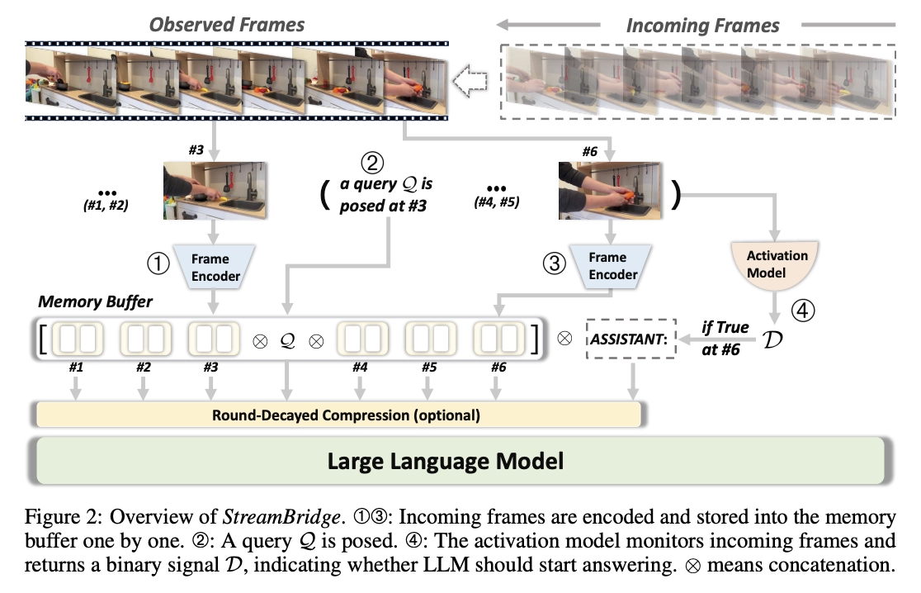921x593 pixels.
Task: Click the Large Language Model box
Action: (460, 460)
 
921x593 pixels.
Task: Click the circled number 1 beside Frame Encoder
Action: (157, 263)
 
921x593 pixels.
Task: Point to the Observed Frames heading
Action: (227, 25)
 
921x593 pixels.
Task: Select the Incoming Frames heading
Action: (702, 25)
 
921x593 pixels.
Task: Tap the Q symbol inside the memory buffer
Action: (287, 339)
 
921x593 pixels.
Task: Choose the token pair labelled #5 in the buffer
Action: (429, 339)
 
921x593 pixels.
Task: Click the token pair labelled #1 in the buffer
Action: (76, 339)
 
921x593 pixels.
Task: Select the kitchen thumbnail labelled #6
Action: (611, 191)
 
